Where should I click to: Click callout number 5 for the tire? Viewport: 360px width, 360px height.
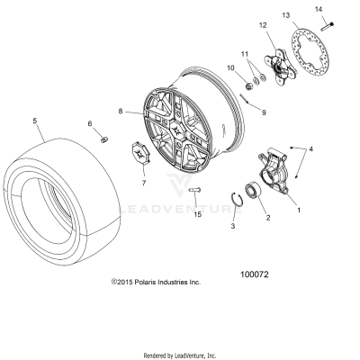tap(35, 120)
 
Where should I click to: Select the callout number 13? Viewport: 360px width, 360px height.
tap(285, 16)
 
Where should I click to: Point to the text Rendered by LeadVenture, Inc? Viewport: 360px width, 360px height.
tap(180, 355)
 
